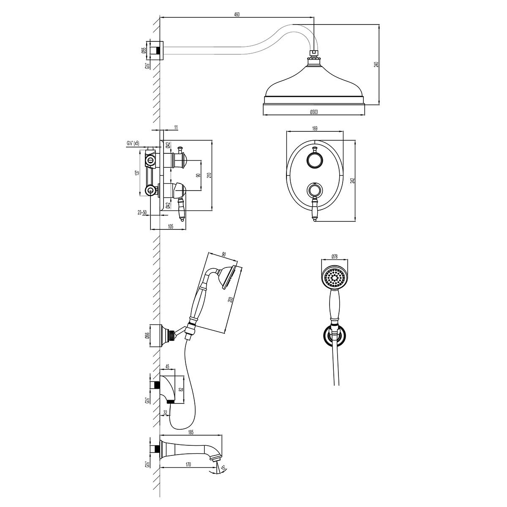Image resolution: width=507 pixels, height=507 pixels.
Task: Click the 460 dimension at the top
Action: pos(237,15)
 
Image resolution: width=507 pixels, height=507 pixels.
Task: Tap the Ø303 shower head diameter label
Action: pos(314,112)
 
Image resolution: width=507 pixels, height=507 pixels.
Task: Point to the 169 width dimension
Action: pos(315,128)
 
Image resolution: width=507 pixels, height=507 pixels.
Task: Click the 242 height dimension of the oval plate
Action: pos(353,180)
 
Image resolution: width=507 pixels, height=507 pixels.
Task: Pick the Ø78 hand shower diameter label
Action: pos(335,256)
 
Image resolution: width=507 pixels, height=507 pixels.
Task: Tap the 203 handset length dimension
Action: pos(231,300)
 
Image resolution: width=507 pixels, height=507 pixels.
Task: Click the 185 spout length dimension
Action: pos(191,432)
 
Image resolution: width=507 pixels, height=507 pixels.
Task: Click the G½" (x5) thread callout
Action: pos(133,143)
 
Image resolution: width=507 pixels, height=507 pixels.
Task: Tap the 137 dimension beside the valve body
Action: pos(136,173)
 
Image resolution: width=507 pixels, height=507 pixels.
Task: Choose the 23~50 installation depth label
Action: pos(142,213)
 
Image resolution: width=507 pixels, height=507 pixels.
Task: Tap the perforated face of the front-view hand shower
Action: pos(335,278)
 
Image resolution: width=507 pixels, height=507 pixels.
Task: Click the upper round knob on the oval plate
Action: pos(315,160)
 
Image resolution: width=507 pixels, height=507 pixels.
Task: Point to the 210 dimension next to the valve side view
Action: pos(209,175)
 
